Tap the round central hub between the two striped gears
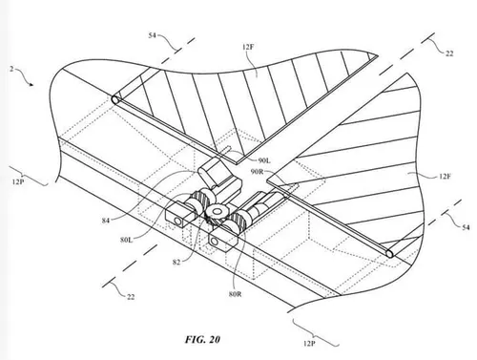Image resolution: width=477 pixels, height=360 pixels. [218, 212]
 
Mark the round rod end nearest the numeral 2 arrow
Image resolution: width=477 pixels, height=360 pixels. [115, 99]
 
